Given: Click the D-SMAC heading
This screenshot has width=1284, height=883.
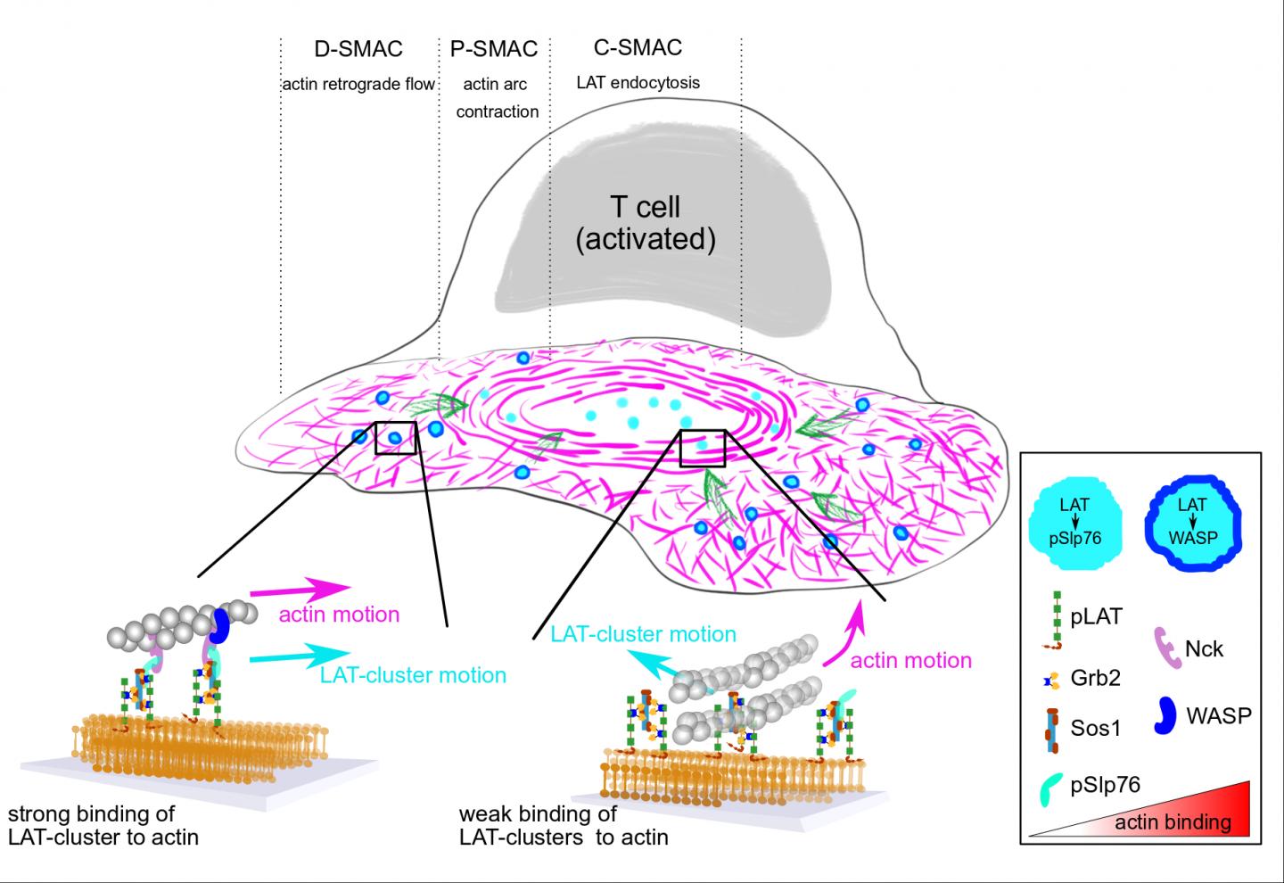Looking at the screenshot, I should click(358, 49).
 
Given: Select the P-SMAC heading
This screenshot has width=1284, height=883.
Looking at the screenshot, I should click(494, 49).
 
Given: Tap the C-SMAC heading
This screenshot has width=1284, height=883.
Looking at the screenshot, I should click(638, 47).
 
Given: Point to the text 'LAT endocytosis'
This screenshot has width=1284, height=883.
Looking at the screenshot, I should click(638, 83).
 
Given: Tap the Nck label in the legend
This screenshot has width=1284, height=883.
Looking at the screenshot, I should click(1205, 648).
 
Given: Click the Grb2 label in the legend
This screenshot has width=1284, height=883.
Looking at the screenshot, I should click(1095, 678).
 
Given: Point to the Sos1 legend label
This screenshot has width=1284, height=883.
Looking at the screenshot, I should click(1096, 728).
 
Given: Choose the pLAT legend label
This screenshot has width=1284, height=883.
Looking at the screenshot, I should click(1096, 615).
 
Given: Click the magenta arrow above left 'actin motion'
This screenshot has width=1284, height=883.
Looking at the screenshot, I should click(299, 590).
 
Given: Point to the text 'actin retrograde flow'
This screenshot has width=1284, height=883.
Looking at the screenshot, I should click(358, 85).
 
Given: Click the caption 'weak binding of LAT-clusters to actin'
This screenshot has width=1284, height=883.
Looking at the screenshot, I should click(564, 825).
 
